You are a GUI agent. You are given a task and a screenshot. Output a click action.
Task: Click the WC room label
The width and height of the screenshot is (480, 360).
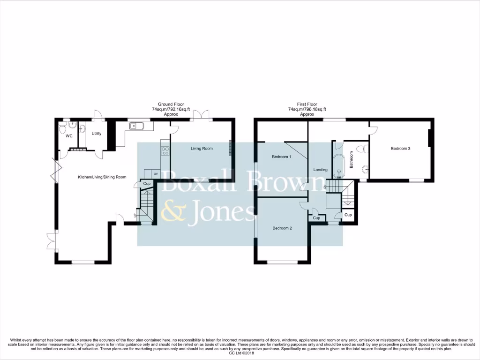click(x=68, y=136)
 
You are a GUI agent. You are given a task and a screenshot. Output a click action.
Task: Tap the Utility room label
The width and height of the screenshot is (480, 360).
click(x=97, y=134)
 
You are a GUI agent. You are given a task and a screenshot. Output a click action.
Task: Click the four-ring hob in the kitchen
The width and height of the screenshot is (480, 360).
click(x=165, y=150)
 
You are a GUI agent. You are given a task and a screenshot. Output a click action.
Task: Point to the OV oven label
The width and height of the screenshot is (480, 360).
click(x=155, y=173)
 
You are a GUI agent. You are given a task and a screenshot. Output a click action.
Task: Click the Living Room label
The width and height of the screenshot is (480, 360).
click(x=202, y=149)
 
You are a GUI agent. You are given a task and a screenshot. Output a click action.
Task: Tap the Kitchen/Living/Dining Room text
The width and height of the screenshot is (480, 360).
click(x=102, y=177)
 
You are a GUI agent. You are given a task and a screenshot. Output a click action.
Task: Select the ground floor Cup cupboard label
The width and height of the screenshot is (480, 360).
click(x=147, y=184)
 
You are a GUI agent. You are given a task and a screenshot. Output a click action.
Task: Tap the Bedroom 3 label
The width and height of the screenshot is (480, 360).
click(x=401, y=149)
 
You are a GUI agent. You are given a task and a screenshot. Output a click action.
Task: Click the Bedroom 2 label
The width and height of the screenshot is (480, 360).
click(x=282, y=228)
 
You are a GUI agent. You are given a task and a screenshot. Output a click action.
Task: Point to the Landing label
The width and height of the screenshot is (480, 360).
click(x=320, y=170)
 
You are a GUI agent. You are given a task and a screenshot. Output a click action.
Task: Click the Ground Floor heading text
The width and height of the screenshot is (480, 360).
click(x=171, y=105)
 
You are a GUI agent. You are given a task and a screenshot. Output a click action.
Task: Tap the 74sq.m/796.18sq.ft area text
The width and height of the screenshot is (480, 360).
click(x=307, y=109)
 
